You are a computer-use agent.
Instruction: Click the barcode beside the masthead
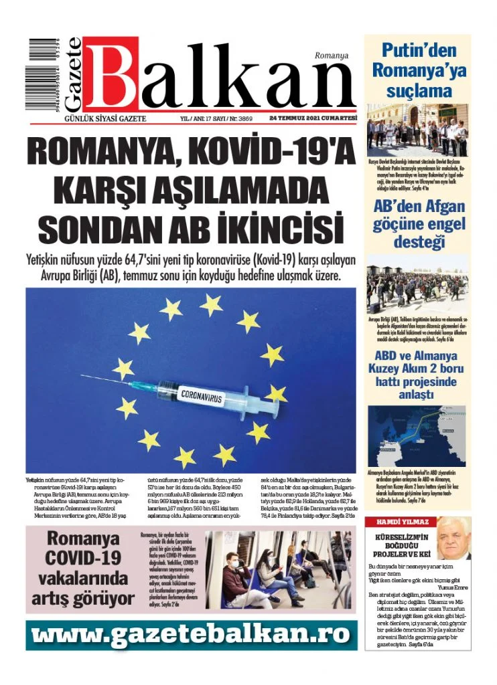click(x=43, y=74)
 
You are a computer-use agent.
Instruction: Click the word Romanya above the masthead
click(x=331, y=56)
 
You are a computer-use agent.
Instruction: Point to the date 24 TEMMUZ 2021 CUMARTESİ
click(x=313, y=117)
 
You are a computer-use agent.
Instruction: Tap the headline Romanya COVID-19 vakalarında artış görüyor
click(x=82, y=568)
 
